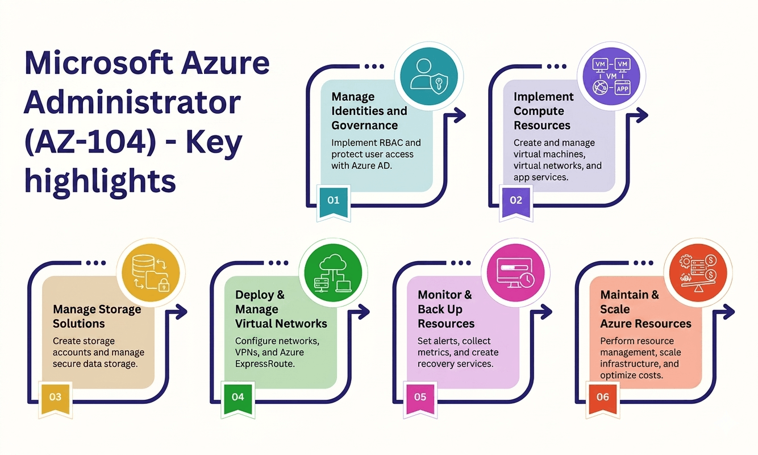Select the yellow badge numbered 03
click(56, 399)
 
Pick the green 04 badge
click(238, 399)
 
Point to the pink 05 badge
click(420, 399)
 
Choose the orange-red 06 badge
click(603, 399)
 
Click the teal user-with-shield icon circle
click(429, 76)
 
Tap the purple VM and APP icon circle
click(611, 76)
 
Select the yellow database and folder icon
click(151, 273)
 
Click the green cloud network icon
click(333, 273)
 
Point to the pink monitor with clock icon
click(515, 273)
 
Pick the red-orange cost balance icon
click(698, 273)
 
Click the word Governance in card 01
click(364, 125)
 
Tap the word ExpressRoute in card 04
click(265, 364)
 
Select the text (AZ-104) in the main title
click(90, 142)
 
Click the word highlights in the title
click(100, 181)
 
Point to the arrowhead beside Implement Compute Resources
click(642, 115)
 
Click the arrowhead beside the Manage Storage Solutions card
click(181, 312)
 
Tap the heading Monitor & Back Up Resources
click(446, 309)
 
